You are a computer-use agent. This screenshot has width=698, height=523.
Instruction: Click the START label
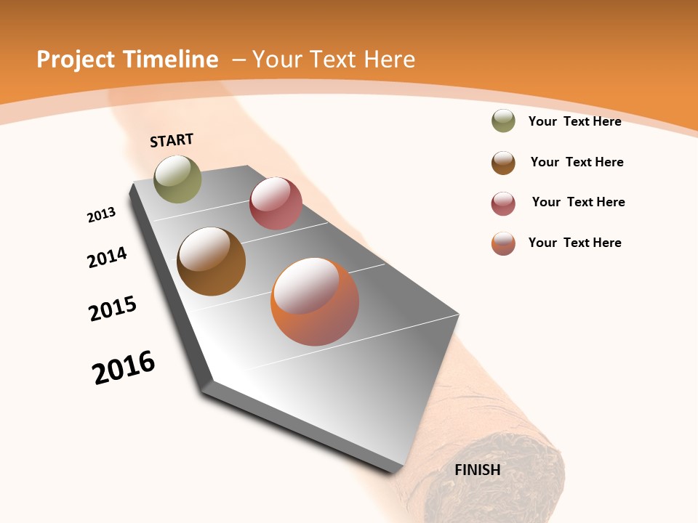tap(172, 140)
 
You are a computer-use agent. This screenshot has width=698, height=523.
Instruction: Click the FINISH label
tap(478, 470)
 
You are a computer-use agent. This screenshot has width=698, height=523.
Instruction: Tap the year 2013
tap(102, 215)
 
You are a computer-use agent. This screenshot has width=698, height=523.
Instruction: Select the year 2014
tap(108, 257)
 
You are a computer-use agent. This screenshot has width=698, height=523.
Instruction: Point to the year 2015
tap(113, 309)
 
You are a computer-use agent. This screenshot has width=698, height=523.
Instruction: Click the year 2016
tap(124, 368)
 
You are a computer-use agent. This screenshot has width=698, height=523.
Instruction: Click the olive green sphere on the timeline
tap(177, 179)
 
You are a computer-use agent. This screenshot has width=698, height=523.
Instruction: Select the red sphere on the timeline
tap(276, 203)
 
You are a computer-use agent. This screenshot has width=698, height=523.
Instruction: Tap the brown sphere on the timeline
tap(211, 261)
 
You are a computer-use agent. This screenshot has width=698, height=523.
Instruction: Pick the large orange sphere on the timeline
tap(315, 301)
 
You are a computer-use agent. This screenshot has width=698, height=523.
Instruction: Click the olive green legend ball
tap(503, 121)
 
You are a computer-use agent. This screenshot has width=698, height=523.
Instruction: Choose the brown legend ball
tap(503, 163)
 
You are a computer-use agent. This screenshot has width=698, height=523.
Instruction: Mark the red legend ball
tap(503, 203)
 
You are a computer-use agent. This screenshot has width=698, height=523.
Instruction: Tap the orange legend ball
tap(503, 243)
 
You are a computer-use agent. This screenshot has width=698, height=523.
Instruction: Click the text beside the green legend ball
tap(574, 121)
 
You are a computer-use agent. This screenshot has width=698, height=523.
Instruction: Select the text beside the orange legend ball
tap(574, 243)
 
